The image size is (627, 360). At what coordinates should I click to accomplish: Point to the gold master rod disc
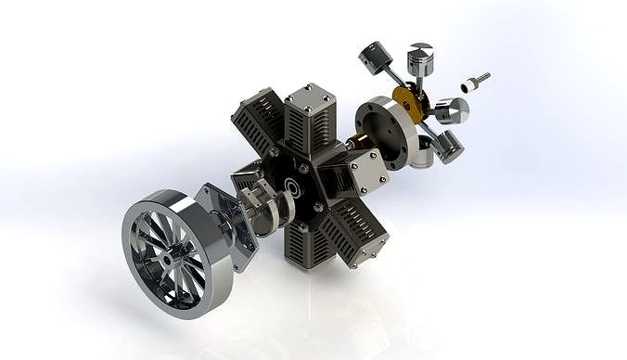(408, 104)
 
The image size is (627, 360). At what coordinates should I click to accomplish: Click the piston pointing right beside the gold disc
(453, 111)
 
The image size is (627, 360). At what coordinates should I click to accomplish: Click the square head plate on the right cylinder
(365, 173)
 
